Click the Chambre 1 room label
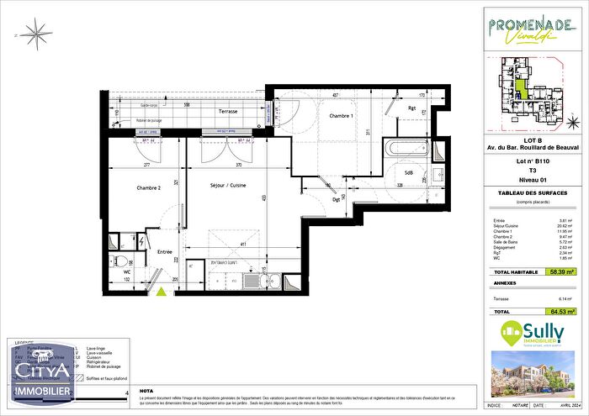coord(341,116)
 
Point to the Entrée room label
coord(164,252)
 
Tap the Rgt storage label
coord(412,108)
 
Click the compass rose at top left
coord(36,34)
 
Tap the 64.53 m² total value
coord(558,312)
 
